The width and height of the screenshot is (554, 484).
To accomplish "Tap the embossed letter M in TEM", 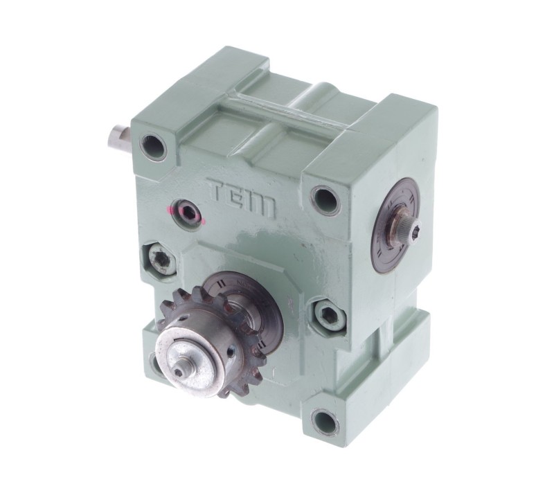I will point(262,205).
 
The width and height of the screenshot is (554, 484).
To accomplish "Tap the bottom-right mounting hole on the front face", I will point(324,421).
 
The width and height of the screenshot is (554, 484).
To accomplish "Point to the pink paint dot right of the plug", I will point(204,222).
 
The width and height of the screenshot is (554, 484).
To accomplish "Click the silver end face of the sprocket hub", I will point(190,353).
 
